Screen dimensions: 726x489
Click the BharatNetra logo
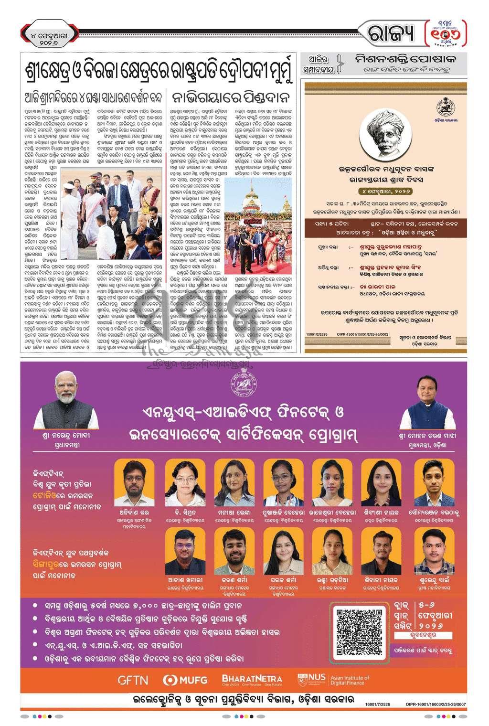(x=252, y=679)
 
